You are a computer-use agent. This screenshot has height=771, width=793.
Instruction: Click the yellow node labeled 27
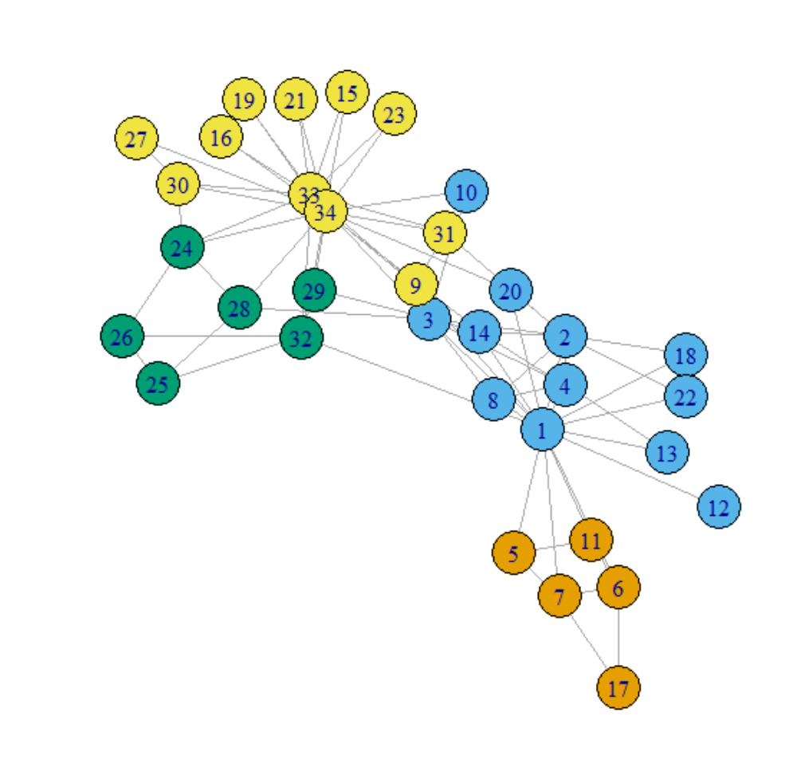tap(136, 139)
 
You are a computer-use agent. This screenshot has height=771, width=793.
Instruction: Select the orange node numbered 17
tap(618, 688)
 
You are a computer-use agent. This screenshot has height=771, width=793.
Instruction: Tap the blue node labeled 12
tap(719, 506)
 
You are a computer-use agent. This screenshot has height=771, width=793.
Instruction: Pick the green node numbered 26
tap(122, 336)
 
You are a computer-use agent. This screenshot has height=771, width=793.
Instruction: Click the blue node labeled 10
tap(466, 192)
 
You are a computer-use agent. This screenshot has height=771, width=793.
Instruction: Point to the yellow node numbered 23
tap(395, 115)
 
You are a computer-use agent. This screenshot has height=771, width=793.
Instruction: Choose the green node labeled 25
tap(158, 384)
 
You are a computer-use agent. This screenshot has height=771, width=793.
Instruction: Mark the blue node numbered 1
tap(543, 430)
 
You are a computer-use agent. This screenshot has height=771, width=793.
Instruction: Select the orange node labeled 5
tap(513, 553)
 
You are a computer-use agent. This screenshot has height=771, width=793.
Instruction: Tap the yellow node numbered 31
tap(445, 233)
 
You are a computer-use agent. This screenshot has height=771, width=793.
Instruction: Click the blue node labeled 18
tap(685, 355)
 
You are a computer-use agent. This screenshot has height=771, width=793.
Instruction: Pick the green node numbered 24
tap(182, 248)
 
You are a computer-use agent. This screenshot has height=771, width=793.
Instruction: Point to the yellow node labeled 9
tap(415, 285)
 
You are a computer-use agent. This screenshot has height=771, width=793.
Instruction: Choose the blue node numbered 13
tap(667, 453)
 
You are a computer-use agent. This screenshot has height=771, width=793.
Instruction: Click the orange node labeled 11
tap(591, 540)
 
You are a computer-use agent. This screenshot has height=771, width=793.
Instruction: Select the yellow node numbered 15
tap(347, 92)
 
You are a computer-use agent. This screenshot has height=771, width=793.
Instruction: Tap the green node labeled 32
tap(301, 337)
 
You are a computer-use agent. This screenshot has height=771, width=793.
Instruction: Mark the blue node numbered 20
tap(510, 292)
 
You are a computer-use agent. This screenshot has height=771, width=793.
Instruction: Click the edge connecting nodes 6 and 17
tap(618, 638)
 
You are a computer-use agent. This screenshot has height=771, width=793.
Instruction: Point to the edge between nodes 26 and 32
tap(211, 336)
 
